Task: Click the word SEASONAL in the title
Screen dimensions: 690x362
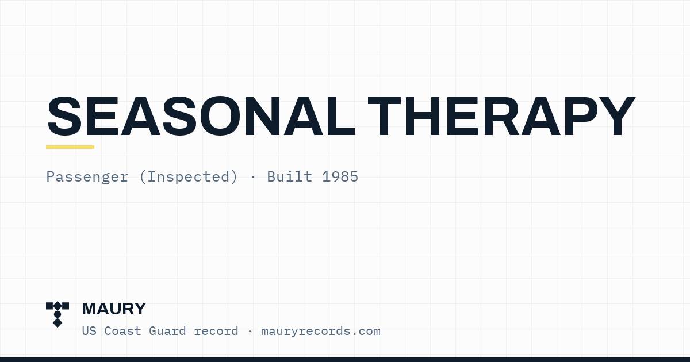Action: [x=201, y=115]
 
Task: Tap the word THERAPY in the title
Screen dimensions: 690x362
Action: [x=502, y=115]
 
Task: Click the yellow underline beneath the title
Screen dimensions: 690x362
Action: [x=70, y=147]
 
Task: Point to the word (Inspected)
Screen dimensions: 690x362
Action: [x=189, y=177]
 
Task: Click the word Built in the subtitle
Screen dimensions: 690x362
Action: [x=290, y=177]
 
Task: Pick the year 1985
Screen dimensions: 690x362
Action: [x=340, y=177]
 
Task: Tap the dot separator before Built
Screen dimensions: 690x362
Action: [x=253, y=178]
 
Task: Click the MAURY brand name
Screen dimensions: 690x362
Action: [x=114, y=309]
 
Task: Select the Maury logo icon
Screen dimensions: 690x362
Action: [x=57, y=314]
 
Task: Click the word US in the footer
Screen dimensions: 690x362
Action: [x=89, y=331]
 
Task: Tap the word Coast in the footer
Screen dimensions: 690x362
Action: [x=122, y=331]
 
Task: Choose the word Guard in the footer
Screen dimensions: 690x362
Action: [x=167, y=331]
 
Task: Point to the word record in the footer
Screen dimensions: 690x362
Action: [x=216, y=332]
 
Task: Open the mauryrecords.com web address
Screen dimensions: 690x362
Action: [x=321, y=332]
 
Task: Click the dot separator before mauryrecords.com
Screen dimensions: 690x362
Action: [x=250, y=332]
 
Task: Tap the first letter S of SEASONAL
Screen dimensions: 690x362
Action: [x=64, y=115]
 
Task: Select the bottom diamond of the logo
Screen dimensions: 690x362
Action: [x=57, y=322]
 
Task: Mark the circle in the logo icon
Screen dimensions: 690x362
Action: [x=57, y=314]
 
